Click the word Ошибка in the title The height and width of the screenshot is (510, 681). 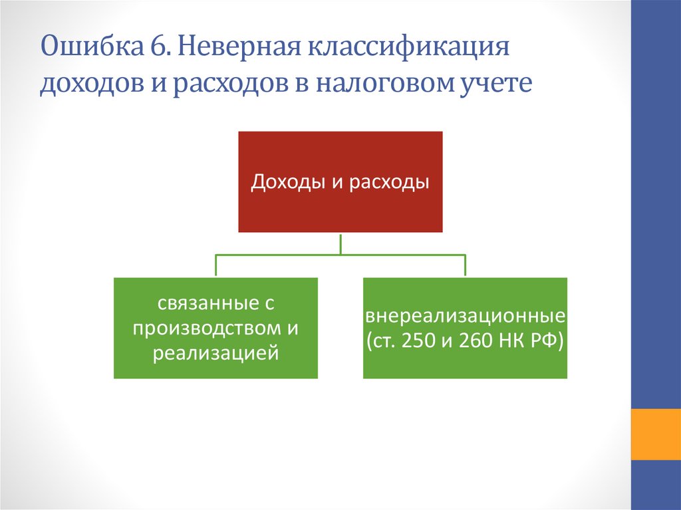(x=91, y=47)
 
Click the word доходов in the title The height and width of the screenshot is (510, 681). (x=92, y=83)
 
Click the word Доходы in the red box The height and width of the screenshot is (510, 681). (x=289, y=182)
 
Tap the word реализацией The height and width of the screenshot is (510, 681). (x=215, y=352)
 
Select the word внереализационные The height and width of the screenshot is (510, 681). (x=465, y=317)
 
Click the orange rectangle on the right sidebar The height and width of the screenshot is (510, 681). (x=656, y=434)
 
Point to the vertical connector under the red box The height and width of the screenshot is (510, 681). (x=340, y=244)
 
